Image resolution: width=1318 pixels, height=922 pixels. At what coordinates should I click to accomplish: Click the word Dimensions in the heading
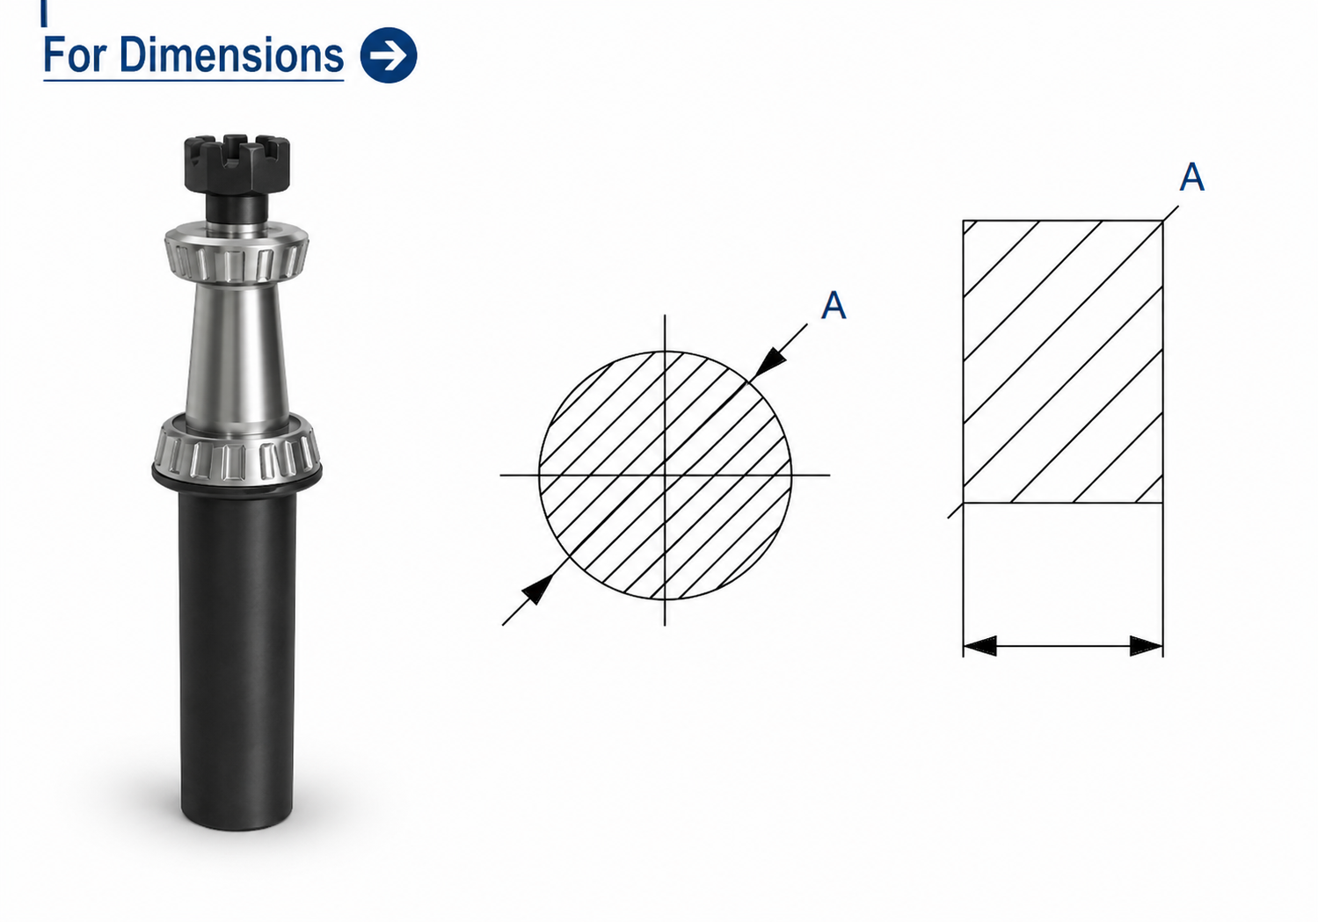tap(231, 54)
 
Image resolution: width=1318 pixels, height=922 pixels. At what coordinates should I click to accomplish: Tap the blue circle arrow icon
tap(389, 55)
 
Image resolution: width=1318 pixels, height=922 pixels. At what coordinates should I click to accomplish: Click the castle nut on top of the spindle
tap(237, 165)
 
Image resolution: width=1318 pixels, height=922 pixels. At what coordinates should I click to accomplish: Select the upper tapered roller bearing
tap(237, 255)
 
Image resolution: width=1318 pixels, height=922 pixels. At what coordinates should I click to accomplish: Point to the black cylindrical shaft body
tap(237, 658)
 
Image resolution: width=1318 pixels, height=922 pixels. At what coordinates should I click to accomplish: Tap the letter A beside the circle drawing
tap(834, 305)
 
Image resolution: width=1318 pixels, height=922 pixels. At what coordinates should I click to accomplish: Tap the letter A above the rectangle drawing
tap(1192, 177)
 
